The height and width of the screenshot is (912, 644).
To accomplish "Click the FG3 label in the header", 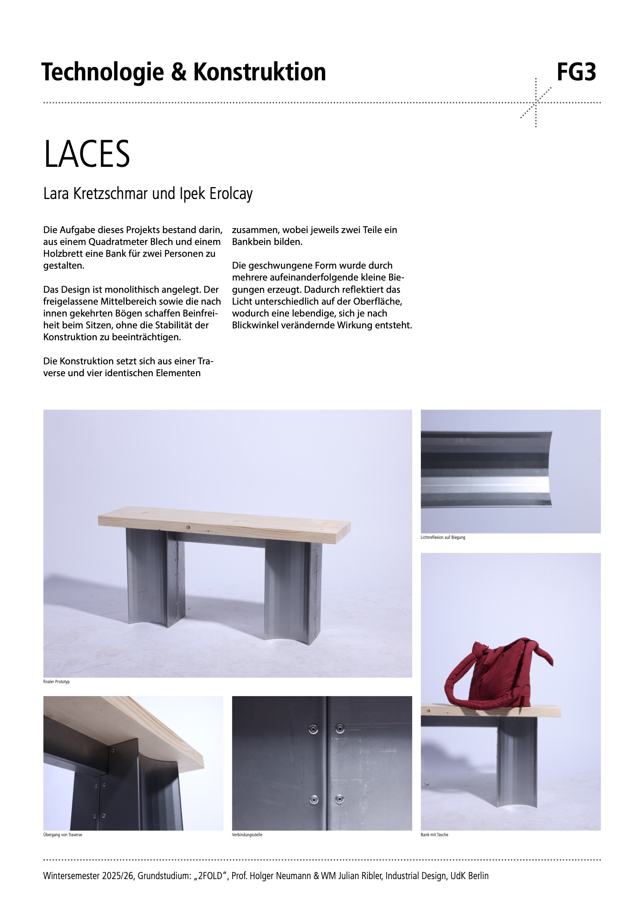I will tap(576, 72).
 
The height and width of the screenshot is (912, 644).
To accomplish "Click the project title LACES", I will tap(86, 154).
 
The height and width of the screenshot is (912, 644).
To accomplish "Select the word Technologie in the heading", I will tap(103, 72).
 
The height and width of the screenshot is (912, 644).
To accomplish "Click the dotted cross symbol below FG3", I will tap(536, 103).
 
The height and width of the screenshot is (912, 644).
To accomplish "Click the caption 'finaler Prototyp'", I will tap(56, 682).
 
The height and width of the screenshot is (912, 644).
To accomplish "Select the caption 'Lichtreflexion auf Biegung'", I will tap(443, 537).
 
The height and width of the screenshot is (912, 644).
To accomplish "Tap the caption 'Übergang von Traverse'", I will tap(63, 835).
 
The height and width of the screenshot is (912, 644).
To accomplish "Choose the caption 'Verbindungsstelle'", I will tap(247, 835).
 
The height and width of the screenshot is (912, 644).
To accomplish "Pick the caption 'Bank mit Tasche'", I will tap(434, 835).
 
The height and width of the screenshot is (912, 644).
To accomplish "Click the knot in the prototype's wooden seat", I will tap(188, 527).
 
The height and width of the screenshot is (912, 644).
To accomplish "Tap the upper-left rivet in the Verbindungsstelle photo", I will tap(313, 729).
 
